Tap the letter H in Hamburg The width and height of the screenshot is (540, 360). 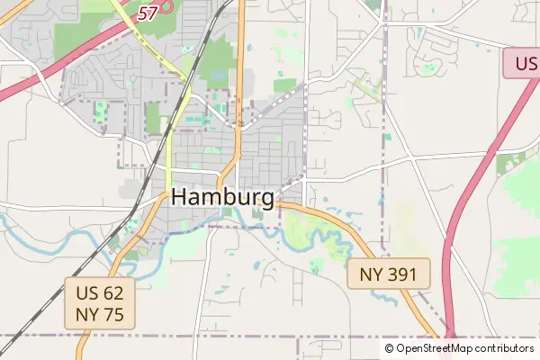click(179, 197)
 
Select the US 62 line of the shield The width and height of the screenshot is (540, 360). click(100, 292)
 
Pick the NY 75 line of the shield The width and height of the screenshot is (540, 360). click(100, 314)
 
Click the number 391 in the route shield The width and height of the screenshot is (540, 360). click(401, 274)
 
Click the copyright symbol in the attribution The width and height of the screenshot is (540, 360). click(389, 348)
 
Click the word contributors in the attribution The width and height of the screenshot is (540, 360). click(505, 348)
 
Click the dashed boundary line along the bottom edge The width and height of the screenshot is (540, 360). click(225, 337)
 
